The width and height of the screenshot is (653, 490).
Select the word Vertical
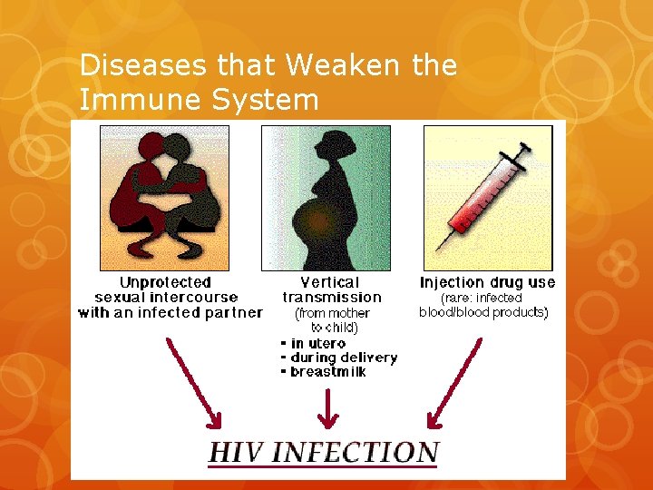pos(331,283)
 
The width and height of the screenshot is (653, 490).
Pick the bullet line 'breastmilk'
pos(327,372)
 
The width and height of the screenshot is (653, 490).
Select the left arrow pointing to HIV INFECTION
pos(192,381)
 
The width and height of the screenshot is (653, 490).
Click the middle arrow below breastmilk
pos(328,405)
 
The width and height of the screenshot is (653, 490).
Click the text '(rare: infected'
pos(481,298)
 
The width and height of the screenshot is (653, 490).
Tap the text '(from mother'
pos(333,313)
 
